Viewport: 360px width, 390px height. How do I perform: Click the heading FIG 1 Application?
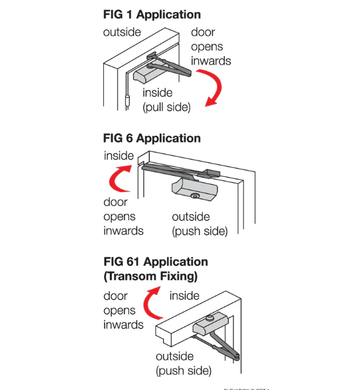point(152,14)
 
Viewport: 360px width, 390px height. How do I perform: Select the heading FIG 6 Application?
point(152,138)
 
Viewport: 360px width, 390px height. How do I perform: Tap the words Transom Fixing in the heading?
point(151,277)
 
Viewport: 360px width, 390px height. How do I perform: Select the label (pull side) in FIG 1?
point(166,107)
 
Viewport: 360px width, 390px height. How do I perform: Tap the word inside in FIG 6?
point(119,156)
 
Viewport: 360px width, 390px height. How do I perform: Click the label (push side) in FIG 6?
point(200,231)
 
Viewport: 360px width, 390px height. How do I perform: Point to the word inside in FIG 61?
point(185,295)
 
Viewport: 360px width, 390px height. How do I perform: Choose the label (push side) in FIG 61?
point(184,371)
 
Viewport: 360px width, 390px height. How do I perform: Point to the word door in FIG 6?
point(116,202)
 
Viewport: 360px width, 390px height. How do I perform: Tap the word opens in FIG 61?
point(119,310)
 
